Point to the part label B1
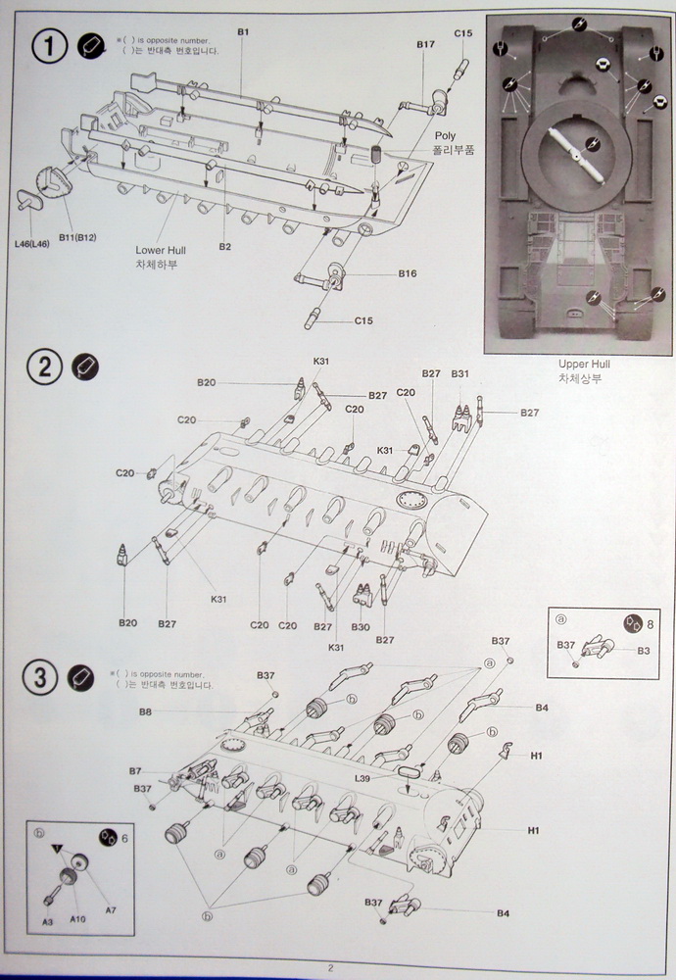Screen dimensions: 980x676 pyautogui.click(x=243, y=32)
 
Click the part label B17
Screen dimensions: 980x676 pyautogui.click(x=425, y=44)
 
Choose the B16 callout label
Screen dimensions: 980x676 pyautogui.click(x=408, y=273)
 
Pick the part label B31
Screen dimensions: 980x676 pyautogui.click(x=460, y=373)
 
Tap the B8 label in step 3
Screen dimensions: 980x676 pyautogui.click(x=145, y=712)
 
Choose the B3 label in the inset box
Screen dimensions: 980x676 pyautogui.click(x=644, y=651)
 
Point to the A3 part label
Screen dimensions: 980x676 pyautogui.click(x=47, y=922)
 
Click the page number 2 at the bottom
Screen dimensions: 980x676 pyautogui.click(x=332, y=968)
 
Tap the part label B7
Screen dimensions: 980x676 pyautogui.click(x=135, y=771)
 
